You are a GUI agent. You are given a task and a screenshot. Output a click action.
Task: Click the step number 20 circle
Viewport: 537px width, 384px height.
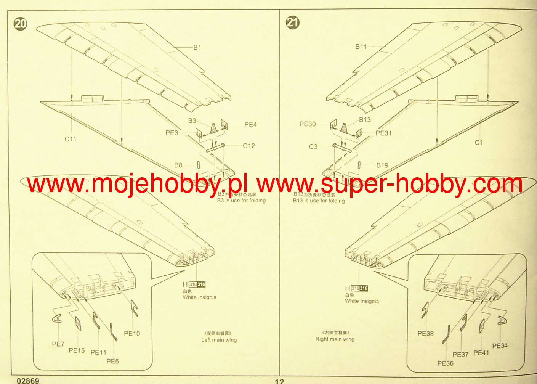point(21,24)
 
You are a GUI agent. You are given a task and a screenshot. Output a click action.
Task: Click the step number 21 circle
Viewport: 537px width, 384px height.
point(293,22)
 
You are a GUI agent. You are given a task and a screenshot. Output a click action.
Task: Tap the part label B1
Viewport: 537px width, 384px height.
point(197,47)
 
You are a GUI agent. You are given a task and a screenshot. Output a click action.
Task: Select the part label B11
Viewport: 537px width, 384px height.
point(361,47)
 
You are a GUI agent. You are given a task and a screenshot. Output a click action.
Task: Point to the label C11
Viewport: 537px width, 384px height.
point(71,139)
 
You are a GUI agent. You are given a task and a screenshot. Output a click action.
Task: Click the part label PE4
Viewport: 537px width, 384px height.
point(250,124)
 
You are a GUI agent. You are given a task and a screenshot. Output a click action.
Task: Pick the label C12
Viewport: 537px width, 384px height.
point(249,146)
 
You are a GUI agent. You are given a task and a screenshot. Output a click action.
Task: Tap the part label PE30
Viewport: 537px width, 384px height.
point(308,124)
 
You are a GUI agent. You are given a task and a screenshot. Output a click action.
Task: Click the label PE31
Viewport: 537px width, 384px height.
point(383,133)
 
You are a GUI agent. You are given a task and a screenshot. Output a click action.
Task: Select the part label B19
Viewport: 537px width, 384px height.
point(382,165)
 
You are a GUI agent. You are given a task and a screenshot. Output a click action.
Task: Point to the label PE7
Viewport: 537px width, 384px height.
point(58,344)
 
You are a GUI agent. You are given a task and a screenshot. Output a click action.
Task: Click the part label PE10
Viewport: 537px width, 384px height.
point(132,333)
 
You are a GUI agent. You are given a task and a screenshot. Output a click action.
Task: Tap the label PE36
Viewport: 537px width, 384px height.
point(445,363)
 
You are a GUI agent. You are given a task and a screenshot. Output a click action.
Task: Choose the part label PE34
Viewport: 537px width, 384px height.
point(500,345)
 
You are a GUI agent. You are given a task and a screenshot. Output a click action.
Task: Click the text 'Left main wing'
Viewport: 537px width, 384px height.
point(219,340)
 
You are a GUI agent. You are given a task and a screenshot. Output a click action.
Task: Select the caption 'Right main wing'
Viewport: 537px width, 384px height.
point(335,339)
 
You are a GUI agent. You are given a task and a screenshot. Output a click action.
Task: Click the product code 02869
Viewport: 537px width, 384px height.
point(28,381)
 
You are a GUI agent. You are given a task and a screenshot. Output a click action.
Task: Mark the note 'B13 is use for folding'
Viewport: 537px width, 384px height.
point(319,201)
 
